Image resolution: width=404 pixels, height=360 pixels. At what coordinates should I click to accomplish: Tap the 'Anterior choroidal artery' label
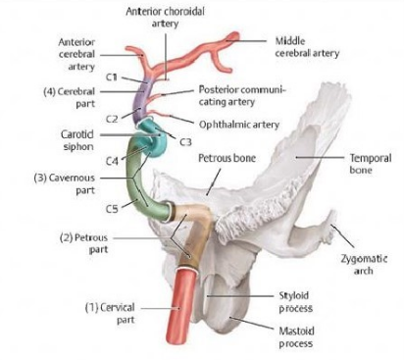[166, 16]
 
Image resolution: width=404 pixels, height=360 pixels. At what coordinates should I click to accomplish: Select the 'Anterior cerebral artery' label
[76, 55]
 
